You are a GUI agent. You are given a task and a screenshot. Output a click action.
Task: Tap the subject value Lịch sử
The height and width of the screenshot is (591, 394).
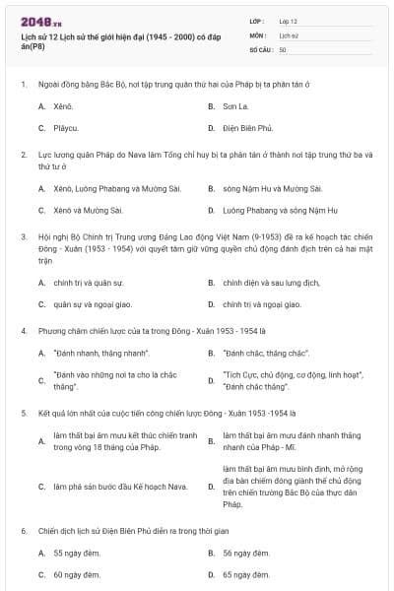(289, 34)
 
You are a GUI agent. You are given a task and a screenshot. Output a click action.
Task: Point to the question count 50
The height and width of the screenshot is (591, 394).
(283, 48)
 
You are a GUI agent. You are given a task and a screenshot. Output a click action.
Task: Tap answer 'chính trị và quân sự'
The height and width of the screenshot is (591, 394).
(88, 282)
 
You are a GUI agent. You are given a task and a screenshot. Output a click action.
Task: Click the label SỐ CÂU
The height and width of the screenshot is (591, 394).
(261, 48)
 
